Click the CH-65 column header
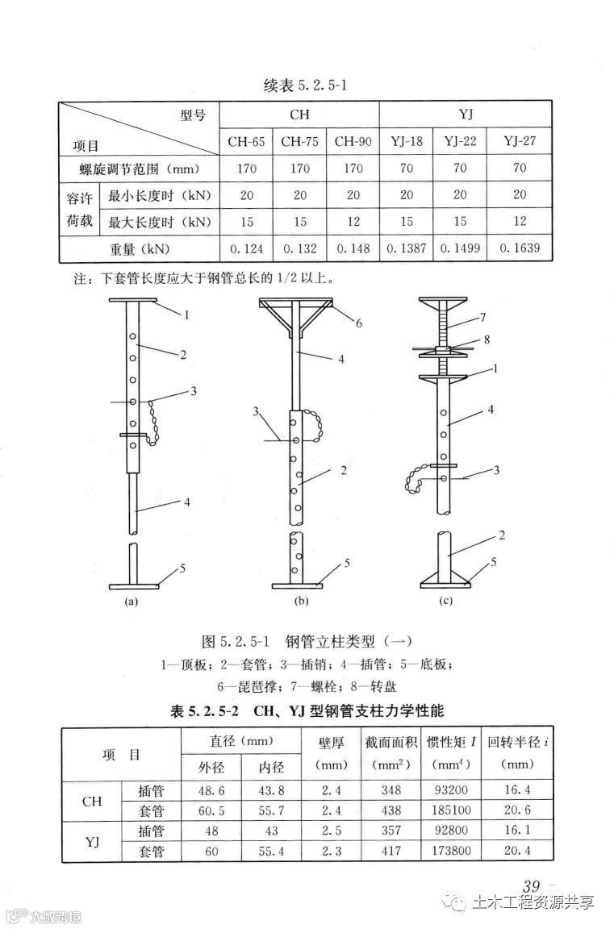[x=246, y=142]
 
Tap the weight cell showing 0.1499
[x=460, y=249]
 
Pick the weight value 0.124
[x=246, y=249]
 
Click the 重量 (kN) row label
[x=139, y=249]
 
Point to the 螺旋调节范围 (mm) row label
[x=139, y=169]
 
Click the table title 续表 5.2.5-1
[x=306, y=85]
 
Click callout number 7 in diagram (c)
[x=482, y=317]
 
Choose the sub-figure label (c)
[x=445, y=601]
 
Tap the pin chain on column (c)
[x=418, y=481]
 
